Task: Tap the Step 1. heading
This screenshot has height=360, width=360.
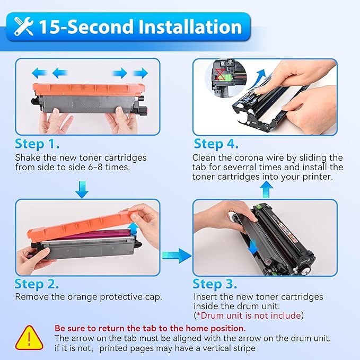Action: [37, 144]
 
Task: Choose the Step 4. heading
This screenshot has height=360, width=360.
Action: [216, 144]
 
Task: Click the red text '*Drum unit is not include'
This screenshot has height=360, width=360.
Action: [249, 315]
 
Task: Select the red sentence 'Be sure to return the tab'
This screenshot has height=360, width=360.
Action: [150, 328]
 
